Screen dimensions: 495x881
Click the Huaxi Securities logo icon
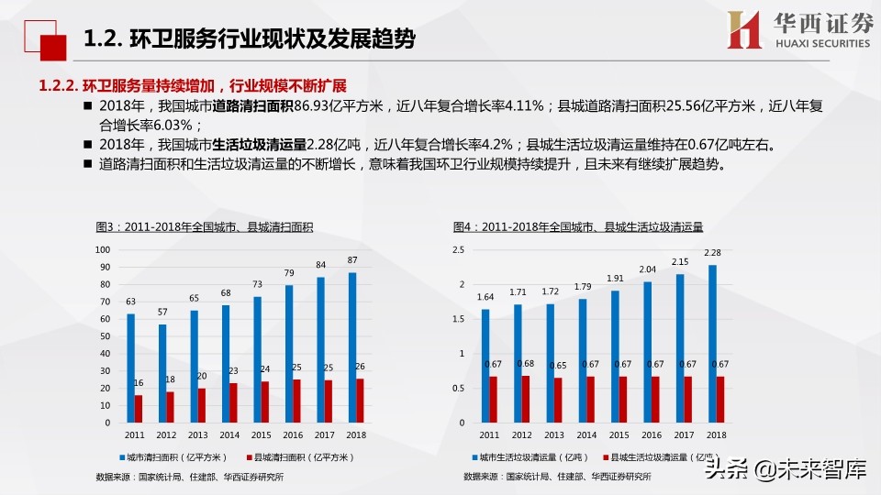(x=744, y=30)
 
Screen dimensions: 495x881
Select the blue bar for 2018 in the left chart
(x=352, y=347)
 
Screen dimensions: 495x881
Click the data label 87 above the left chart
(x=353, y=260)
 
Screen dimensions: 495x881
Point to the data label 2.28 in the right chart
(x=712, y=253)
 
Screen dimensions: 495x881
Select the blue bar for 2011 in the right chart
(x=485, y=366)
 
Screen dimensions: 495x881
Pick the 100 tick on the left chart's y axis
(x=103, y=249)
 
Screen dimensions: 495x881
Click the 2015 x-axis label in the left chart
(x=262, y=434)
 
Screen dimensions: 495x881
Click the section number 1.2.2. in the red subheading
(x=56, y=86)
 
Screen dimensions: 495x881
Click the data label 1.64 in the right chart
(x=486, y=297)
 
